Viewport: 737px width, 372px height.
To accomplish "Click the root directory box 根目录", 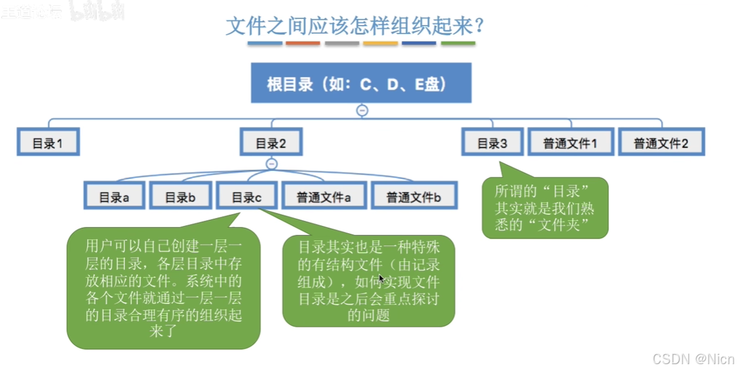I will (361, 83).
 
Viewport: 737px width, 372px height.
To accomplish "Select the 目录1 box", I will (48, 142).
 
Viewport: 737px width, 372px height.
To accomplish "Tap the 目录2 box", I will (271, 142).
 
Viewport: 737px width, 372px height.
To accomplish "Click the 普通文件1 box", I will (570, 142).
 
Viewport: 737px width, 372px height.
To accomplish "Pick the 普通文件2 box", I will (662, 142).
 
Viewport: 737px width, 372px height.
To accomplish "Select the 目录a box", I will (115, 196).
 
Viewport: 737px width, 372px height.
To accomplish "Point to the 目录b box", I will (180, 196).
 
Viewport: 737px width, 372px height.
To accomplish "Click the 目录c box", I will (247, 196).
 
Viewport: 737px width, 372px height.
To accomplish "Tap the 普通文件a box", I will (324, 196).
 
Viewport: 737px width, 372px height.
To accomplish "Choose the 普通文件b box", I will (414, 196).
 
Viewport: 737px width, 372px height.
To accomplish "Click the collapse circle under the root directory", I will (362, 110).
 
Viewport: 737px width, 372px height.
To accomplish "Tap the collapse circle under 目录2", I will (272, 164).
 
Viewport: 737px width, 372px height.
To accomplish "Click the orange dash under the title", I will (303, 43).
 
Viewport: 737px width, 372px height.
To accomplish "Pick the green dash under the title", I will (458, 43).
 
